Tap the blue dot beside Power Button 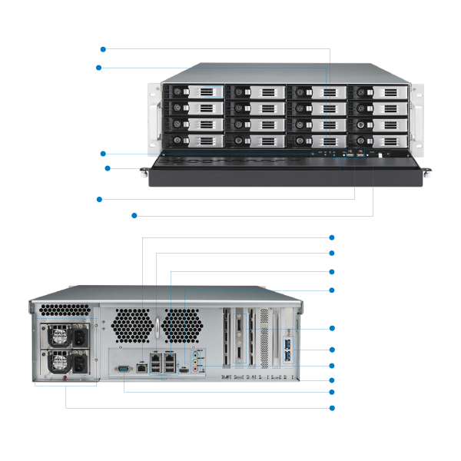click(x=103, y=49)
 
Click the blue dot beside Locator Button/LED click(x=134, y=215)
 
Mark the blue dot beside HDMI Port click(x=331, y=290)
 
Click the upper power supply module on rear click(x=63, y=336)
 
